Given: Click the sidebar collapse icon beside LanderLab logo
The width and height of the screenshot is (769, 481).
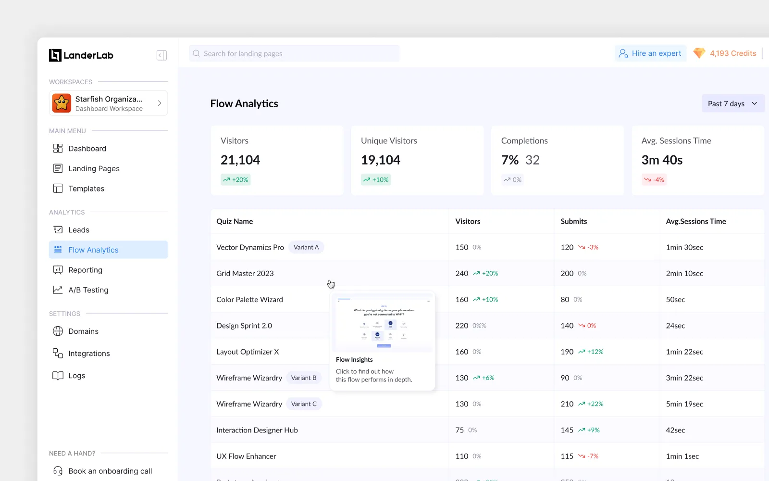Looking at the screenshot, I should [161, 55].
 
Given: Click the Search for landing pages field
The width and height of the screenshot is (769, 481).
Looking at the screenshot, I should [294, 53].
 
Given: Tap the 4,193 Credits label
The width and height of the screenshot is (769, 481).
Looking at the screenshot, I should [732, 53].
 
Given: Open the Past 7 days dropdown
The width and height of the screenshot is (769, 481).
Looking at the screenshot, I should [732, 103].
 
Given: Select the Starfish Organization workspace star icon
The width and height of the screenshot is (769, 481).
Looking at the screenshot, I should [62, 103].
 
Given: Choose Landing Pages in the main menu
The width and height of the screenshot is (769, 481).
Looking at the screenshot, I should [94, 168].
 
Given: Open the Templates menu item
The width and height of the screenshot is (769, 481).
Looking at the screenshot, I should [86, 189].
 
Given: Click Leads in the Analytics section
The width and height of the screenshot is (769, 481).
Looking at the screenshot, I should [79, 230].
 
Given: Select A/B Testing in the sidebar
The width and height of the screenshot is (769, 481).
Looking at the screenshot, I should [88, 290].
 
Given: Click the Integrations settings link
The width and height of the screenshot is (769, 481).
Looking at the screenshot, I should [89, 354].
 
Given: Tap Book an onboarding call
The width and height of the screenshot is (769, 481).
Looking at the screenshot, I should [110, 471].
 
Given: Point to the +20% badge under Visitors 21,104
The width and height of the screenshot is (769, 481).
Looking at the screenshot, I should [236, 180].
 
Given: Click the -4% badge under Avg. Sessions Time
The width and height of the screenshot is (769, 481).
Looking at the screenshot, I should [654, 180].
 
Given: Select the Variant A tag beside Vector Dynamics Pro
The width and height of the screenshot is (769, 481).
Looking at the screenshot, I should [306, 247].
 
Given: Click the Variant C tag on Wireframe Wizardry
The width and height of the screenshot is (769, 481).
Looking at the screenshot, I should [304, 404].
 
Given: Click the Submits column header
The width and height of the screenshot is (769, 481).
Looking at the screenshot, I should [573, 221].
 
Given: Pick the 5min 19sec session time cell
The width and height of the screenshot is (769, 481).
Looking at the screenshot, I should [684, 404].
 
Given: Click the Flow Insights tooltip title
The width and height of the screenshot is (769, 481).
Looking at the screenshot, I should [354, 359].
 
